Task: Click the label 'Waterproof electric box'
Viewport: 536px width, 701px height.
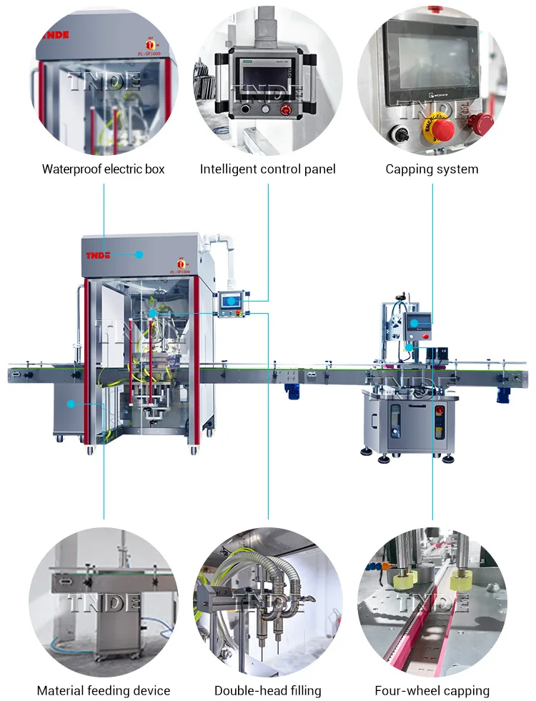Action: pos(104,169)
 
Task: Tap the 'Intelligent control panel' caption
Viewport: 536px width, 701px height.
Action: pos(268,169)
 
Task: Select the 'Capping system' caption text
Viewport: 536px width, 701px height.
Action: pos(432,169)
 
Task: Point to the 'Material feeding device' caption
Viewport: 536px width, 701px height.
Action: pos(104,691)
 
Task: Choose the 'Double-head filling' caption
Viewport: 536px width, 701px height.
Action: pos(268,691)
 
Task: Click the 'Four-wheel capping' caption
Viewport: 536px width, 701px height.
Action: pos(432,691)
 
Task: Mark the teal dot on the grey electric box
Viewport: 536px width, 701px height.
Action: pos(140,254)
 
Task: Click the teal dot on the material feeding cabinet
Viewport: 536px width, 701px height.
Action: pos(71,404)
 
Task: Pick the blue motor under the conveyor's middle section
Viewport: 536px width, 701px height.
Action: pos(292,389)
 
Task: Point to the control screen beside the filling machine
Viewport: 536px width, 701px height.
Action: pos(230,302)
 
